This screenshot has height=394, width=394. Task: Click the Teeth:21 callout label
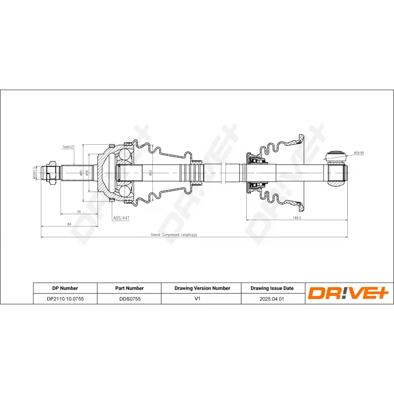click(68, 147)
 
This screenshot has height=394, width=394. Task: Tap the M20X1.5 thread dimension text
click(34, 173)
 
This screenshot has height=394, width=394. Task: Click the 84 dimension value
click(69, 224)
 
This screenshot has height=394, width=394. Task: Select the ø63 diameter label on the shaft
click(150, 172)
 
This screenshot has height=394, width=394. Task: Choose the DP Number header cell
click(65, 288)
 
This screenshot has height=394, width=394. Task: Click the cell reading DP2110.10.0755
click(65, 298)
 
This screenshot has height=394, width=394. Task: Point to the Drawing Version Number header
click(202, 288)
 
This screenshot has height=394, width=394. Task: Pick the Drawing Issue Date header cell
click(272, 288)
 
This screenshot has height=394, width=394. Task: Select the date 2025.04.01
click(272, 298)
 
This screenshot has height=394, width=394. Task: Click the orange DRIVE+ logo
click(349, 294)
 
